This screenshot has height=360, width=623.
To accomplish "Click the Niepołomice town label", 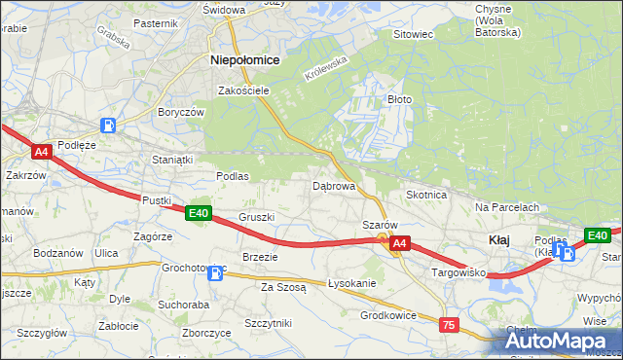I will pos(245,59).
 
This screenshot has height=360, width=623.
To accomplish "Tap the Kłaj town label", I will pos(497,239).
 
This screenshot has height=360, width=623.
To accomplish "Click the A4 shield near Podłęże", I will pos(41,152).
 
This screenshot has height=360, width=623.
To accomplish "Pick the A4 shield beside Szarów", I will pos(399,245).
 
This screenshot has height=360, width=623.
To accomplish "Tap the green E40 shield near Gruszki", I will pos(199,213).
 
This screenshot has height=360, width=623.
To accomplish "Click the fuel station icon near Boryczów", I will pos(110,126).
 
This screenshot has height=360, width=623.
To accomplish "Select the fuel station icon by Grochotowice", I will pos(214,274).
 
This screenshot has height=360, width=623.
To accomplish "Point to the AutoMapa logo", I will pos(560,340).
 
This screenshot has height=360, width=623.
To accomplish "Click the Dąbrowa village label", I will pos(333,185).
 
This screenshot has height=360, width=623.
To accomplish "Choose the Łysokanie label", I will pos(352,283).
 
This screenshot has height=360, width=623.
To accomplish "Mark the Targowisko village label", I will pos(459,274).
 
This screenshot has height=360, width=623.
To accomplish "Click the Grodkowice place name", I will pos(388,315).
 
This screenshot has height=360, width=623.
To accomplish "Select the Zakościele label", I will pos(243,90).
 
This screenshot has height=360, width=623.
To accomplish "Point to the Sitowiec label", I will pos(412,34).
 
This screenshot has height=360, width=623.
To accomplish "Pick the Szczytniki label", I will pos(269,322).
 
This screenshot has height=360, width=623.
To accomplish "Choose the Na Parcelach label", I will pos(507,207).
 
